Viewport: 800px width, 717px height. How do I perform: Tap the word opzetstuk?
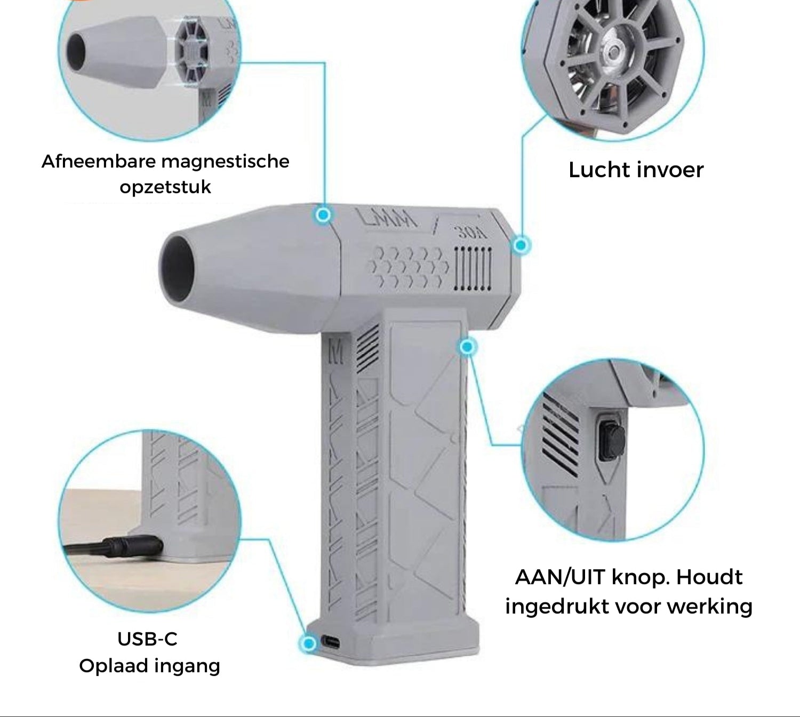(x=165, y=187)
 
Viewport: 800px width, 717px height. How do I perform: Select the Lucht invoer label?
(x=636, y=170)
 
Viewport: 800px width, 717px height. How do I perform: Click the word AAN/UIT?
(x=560, y=577)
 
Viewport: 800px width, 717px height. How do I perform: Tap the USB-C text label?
(x=147, y=639)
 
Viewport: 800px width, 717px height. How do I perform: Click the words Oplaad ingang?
(x=149, y=666)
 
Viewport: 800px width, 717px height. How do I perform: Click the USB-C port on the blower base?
(x=330, y=642)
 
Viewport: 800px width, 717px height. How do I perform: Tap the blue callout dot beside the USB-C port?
(x=309, y=643)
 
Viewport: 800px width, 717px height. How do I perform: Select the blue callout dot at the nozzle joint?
(x=323, y=215)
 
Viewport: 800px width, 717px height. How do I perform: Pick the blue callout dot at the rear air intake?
(x=521, y=245)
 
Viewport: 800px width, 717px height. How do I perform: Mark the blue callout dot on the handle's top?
(x=467, y=347)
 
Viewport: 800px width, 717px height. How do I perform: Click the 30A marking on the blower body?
(x=473, y=233)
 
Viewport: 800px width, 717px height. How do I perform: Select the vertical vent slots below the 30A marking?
(x=473, y=268)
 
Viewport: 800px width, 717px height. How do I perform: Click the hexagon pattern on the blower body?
(x=409, y=267)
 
